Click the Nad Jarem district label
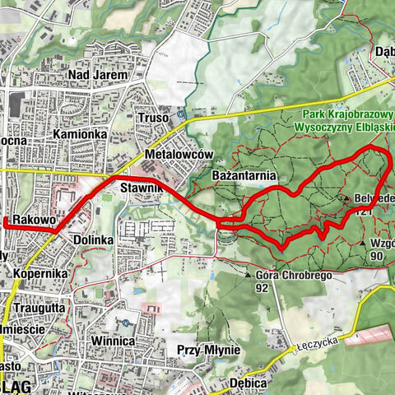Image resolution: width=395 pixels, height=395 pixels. [99, 75]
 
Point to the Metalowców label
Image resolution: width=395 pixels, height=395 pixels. [179, 155]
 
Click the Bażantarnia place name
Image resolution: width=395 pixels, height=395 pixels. [243, 176]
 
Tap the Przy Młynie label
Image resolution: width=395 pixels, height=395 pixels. [207, 350]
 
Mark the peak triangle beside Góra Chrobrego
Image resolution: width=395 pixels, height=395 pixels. [247, 275]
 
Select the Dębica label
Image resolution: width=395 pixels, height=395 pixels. [249, 383]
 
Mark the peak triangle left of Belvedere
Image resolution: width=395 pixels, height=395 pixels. [347, 198]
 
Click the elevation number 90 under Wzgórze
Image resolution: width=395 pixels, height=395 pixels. [377, 256]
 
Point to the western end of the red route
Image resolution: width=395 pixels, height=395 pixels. [5, 222]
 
